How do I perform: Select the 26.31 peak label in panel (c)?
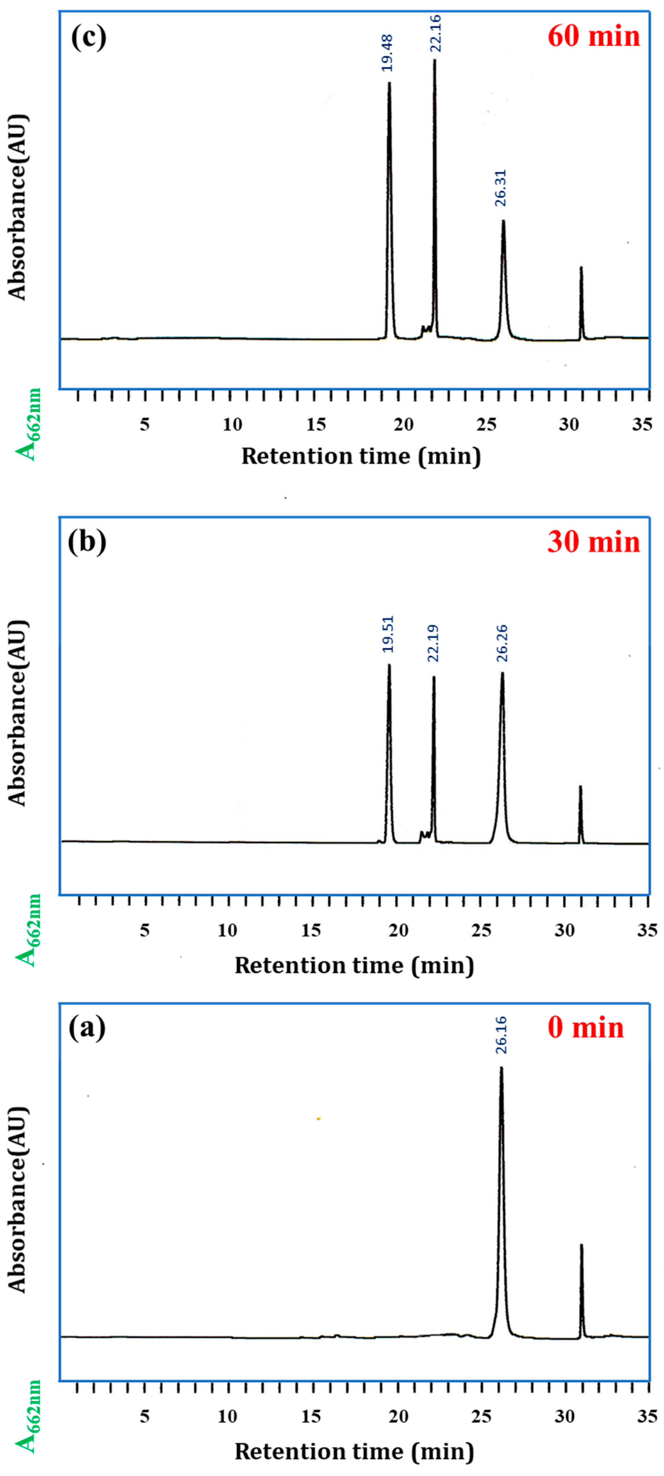[x=501, y=188]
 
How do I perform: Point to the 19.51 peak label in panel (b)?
[x=388, y=634]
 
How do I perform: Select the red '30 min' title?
[x=594, y=541]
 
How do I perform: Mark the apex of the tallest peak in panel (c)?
[x=434, y=60]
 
